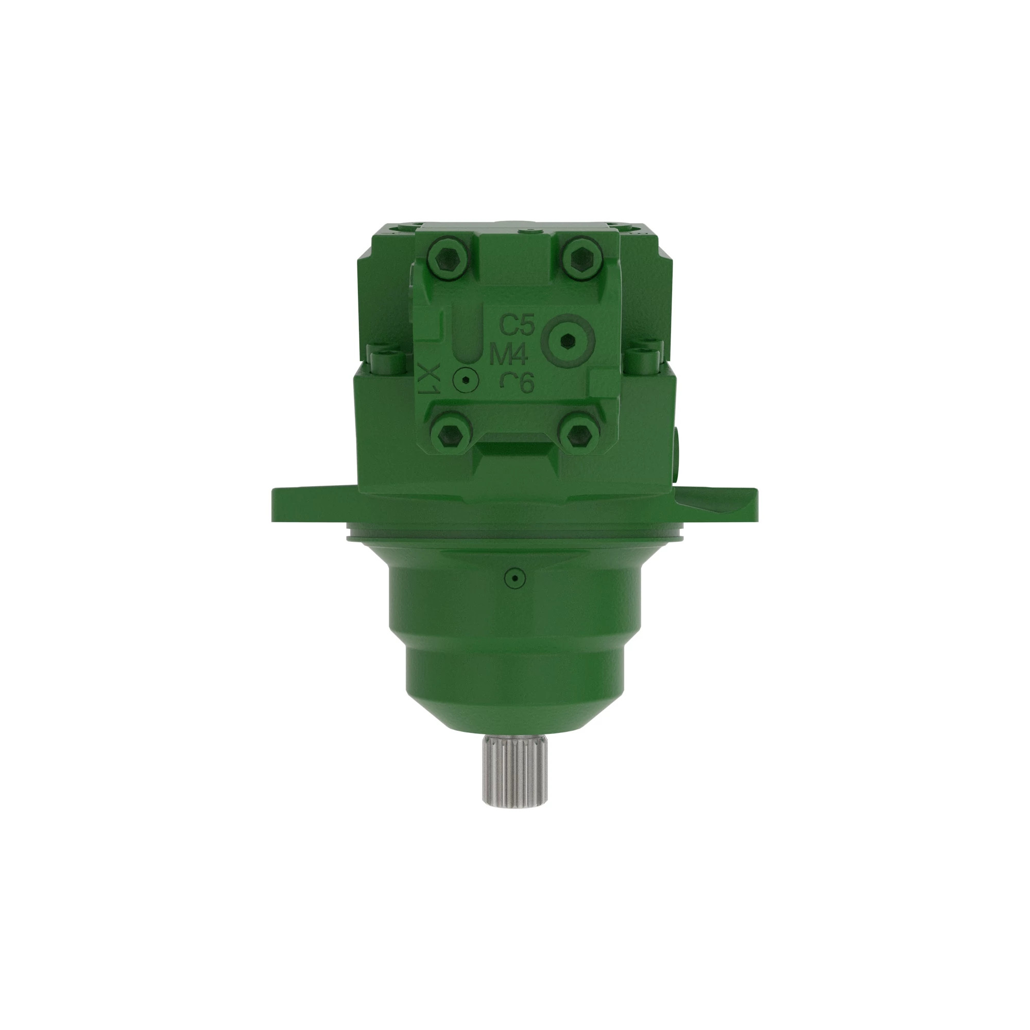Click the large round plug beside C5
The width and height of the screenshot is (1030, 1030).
pyautogui.click(x=568, y=339)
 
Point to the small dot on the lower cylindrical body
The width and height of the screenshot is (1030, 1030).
pyautogui.click(x=515, y=577)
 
